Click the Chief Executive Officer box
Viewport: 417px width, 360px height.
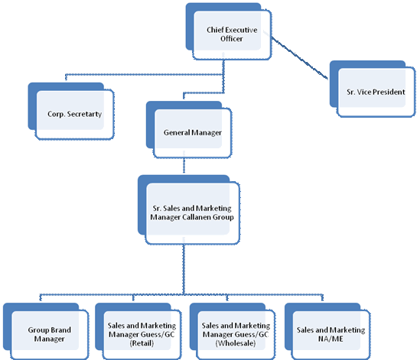pyautogui.click(x=229, y=31)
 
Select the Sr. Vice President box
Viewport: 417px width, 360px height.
pyautogui.click(x=373, y=89)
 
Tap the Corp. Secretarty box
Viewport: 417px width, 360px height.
pyautogui.click(x=71, y=111)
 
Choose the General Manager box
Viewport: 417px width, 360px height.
pyautogui.click(x=189, y=129)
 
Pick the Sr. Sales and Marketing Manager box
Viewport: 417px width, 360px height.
pyautogui.click(x=189, y=209)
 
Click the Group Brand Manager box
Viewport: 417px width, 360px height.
pyautogui.click(x=46, y=331)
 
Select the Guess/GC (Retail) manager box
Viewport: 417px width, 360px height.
pyautogui.click(x=138, y=331)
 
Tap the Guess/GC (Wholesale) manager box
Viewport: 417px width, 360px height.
pyautogui.click(x=233, y=331)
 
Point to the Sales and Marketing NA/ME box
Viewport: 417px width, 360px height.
pyautogui.click(x=327, y=331)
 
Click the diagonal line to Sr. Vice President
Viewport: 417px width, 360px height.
pyautogui.click(x=300, y=58)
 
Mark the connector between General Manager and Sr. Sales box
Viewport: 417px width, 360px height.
pyautogui.click(x=184, y=166)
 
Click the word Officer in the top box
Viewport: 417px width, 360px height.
pyautogui.click(x=231, y=39)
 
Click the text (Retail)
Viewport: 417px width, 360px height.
pyautogui.click(x=142, y=343)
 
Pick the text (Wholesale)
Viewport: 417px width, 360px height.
pyautogui.click(x=236, y=343)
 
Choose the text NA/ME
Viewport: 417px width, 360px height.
pyautogui.click(x=331, y=339)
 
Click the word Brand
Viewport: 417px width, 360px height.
pyautogui.click(x=60, y=330)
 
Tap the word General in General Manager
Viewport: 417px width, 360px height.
pyautogui.click(x=177, y=132)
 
